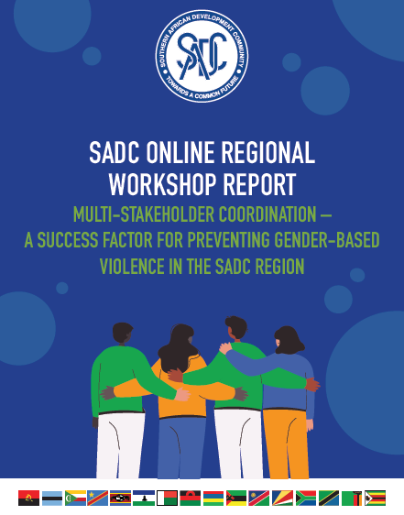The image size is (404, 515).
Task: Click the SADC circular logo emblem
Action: click(202, 56)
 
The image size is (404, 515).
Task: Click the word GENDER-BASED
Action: click(327, 240)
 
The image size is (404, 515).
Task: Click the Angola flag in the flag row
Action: click(29, 498)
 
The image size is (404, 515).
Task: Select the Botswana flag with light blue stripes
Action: click(52, 498)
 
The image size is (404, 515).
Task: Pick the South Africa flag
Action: click(306, 498)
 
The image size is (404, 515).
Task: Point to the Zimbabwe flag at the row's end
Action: click(375, 498)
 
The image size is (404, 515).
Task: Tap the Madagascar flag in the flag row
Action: click(167, 498)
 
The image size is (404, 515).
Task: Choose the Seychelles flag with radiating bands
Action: click(282, 498)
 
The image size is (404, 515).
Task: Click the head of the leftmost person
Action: click(122, 334)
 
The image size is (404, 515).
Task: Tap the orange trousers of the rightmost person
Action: click(286, 444)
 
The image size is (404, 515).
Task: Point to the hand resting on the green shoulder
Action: click(225, 347)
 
